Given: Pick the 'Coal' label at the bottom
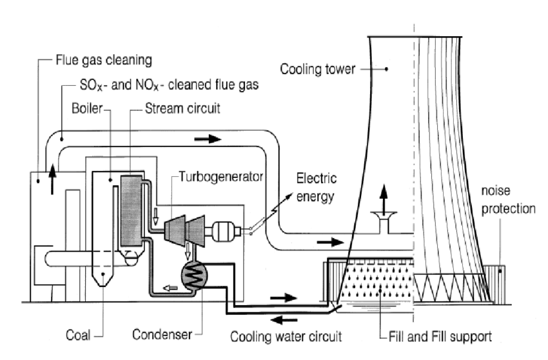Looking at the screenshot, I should (78, 334).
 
